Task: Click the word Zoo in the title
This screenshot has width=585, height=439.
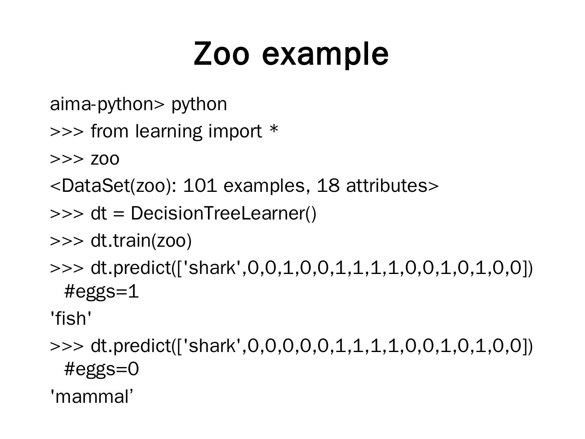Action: (x=221, y=53)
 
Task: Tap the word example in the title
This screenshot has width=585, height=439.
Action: (x=325, y=54)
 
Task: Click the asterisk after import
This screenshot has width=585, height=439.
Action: (x=274, y=130)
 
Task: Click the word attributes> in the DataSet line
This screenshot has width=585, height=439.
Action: (x=392, y=186)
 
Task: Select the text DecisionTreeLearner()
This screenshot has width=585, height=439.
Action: (x=223, y=213)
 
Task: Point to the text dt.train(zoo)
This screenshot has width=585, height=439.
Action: (x=141, y=241)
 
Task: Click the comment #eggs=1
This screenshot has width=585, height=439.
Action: (x=102, y=291)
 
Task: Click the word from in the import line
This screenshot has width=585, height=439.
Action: (x=108, y=132)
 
